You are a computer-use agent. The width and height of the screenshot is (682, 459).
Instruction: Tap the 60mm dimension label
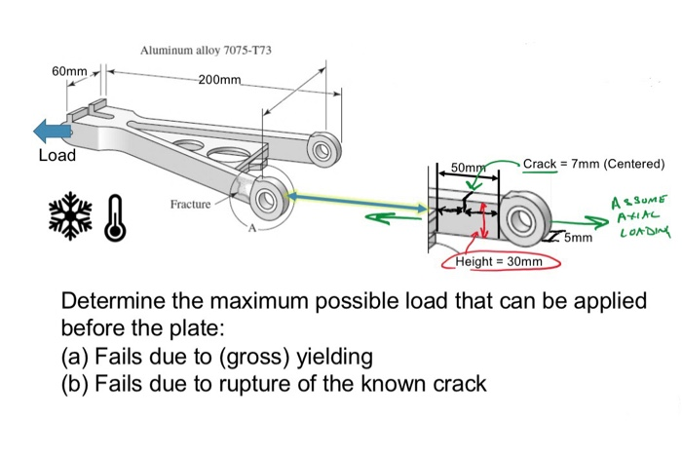pos(70,73)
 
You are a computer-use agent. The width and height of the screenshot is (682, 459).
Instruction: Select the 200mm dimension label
pos(219,79)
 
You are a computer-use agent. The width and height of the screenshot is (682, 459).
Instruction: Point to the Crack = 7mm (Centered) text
pos(593,163)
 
